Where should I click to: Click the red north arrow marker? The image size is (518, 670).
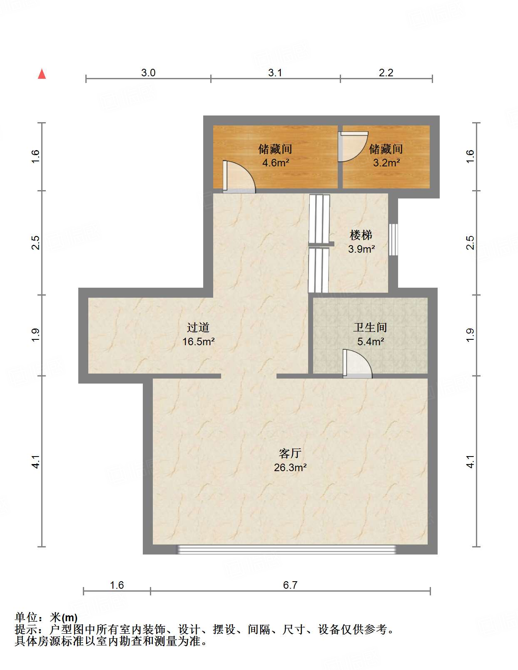click(42, 74)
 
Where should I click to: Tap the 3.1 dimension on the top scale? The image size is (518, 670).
click(275, 73)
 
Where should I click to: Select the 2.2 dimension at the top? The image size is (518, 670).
click(386, 73)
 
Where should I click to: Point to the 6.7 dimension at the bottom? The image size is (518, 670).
click(290, 585)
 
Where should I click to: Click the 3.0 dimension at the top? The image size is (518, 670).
click(148, 73)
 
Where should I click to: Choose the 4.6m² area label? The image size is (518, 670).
click(276, 163)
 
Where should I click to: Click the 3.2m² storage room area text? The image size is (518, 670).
click(386, 163)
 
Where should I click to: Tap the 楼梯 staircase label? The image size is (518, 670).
click(361, 235)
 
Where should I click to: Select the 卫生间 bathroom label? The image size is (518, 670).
click(370, 328)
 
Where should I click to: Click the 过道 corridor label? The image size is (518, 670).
click(198, 328)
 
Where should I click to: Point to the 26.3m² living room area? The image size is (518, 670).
click(290, 467)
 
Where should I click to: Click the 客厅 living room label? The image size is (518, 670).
click(290, 453)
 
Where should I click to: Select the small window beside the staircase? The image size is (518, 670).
click(393, 240)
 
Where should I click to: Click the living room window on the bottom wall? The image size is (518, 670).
click(286, 550)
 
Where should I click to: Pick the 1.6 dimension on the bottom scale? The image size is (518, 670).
click(117, 585)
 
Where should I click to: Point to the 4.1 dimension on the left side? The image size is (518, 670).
click(36, 462)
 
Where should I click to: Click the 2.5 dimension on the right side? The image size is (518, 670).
click(470, 243)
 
